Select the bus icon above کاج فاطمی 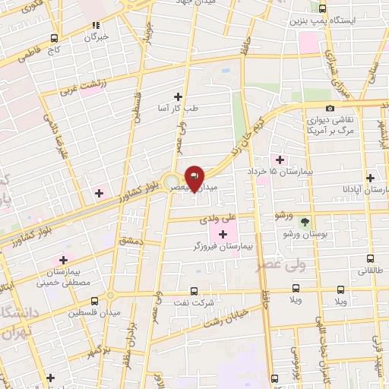[53, 37]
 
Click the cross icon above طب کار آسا [179, 96]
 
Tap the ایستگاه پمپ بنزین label [320, 21]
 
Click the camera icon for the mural [329, 109]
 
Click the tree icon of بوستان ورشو [305, 223]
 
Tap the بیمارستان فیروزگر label [223, 246]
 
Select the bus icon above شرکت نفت [194, 290]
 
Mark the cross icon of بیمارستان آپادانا [370, 177]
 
